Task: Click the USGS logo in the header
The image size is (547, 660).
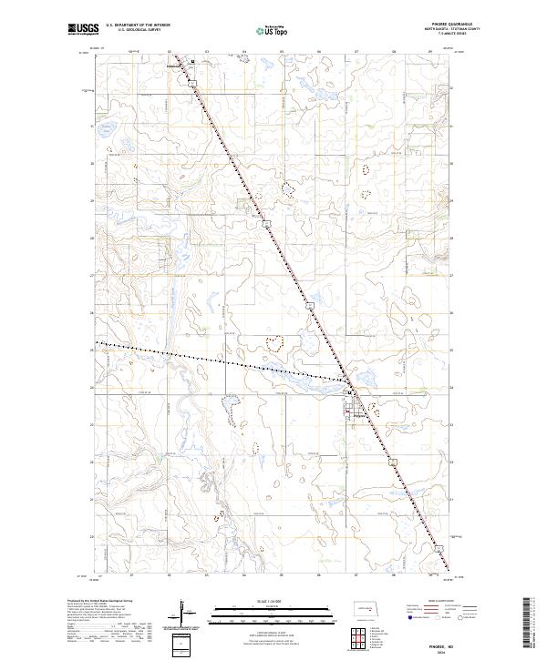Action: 83,29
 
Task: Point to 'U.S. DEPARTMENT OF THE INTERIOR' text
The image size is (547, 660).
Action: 138,25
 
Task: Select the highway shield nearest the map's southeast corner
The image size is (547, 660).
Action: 439,547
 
